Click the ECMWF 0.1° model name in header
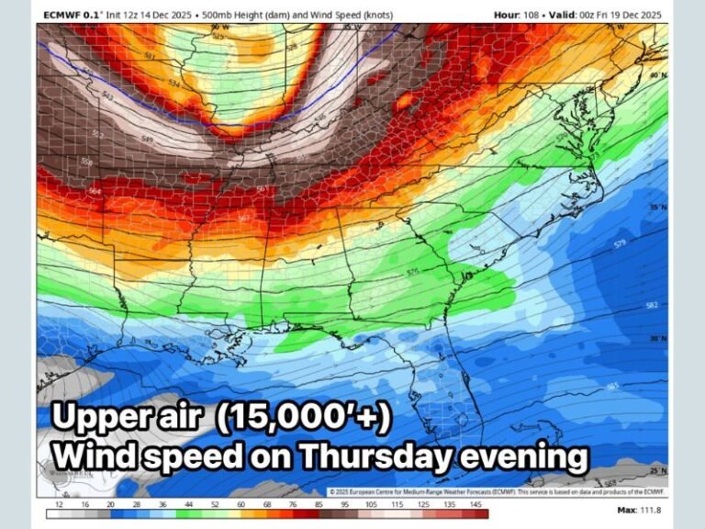click(x=72, y=15)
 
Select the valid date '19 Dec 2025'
click(x=634, y=15)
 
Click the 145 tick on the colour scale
click(x=474, y=505)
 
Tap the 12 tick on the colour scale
click(x=60, y=505)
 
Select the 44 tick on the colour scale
click(x=188, y=505)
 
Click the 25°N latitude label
click(x=655, y=469)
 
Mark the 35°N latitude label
click(x=655, y=208)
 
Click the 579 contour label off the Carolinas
click(x=621, y=243)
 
